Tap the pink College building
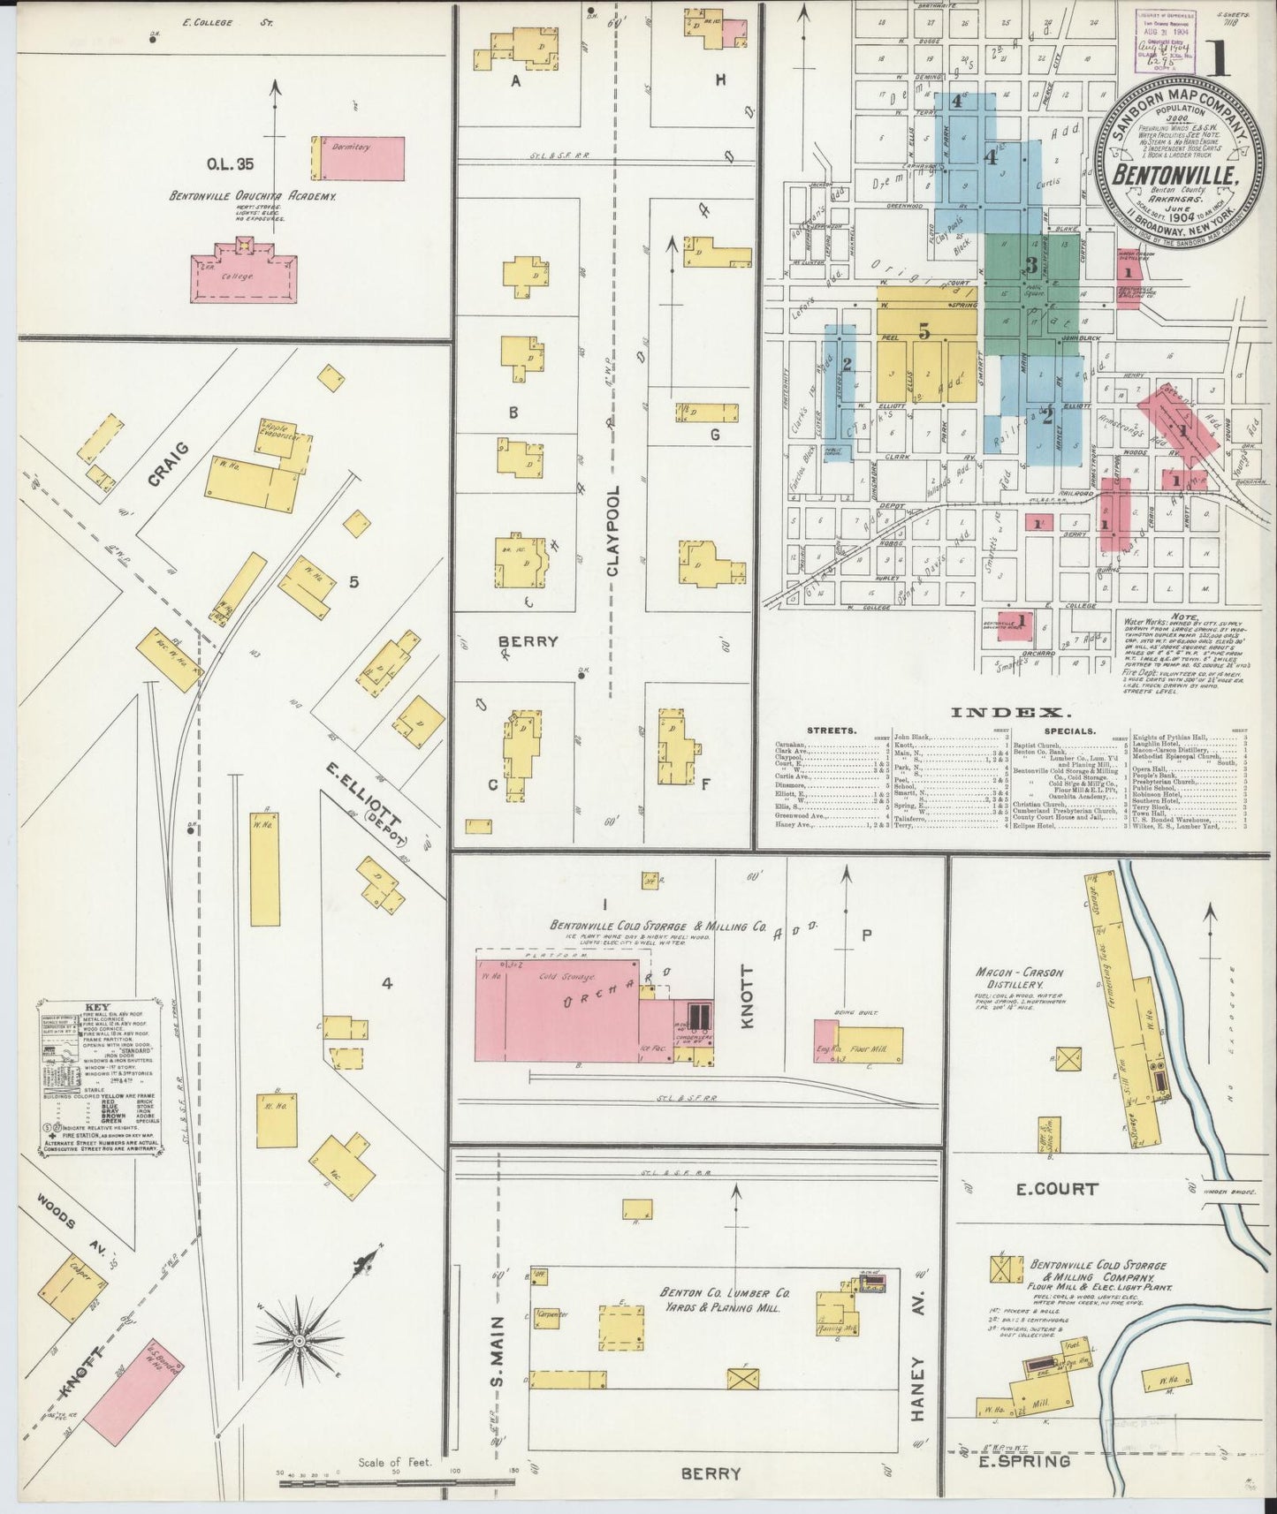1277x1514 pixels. tap(244, 277)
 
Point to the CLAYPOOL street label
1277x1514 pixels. tap(612, 530)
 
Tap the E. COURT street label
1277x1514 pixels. tap(1056, 1189)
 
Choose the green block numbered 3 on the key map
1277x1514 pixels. tap(1030, 265)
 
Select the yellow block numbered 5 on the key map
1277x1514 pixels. tap(924, 332)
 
